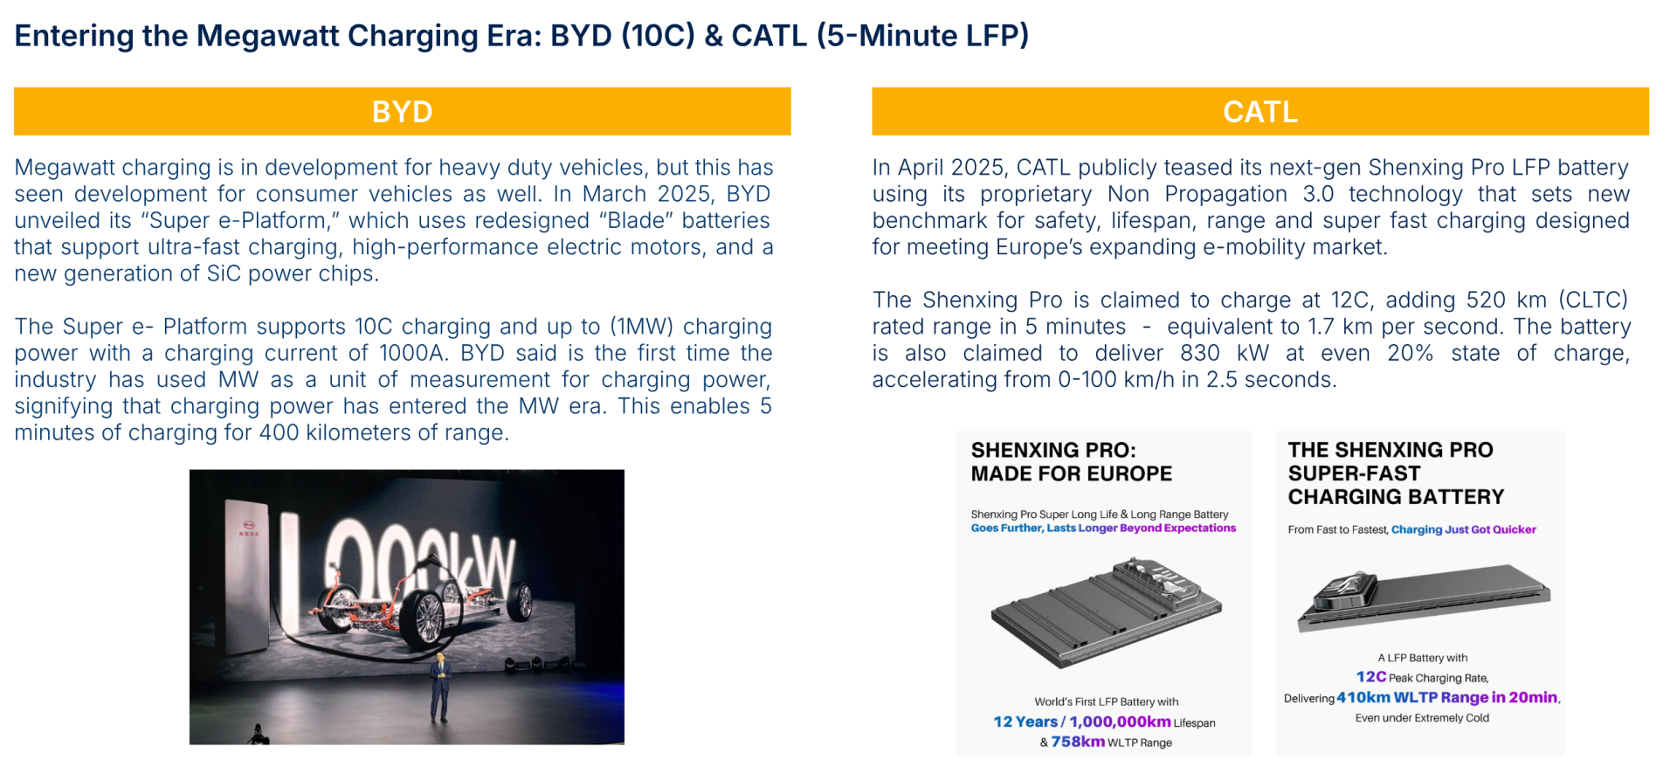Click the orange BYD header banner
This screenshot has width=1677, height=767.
coord(402,111)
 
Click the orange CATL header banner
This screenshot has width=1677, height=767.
coord(1259,111)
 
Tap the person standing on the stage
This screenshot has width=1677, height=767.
coord(439,688)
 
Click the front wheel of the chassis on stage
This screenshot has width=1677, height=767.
coord(427,618)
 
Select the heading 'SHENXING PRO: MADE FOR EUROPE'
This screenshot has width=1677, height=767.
coord(1072,461)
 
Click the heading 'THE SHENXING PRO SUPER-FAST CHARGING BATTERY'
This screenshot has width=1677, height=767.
coord(1396,473)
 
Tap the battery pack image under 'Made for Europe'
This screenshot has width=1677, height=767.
coord(1106,612)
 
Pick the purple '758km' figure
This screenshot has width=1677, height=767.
coord(1078,742)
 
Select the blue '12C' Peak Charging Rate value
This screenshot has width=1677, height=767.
coord(1371,676)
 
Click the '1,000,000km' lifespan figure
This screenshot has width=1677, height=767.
coord(1120,722)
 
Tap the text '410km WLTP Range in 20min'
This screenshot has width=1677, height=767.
coord(1446,697)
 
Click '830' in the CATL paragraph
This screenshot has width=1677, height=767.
coord(1200,353)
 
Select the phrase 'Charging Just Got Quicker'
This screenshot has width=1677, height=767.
coord(1463,529)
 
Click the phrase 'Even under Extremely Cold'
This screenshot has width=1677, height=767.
coord(1422,718)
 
